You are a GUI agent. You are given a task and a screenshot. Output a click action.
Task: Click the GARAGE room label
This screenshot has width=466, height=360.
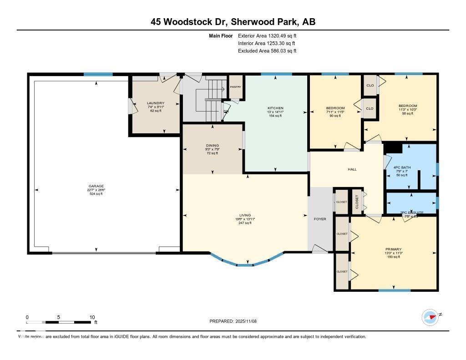point(96,186)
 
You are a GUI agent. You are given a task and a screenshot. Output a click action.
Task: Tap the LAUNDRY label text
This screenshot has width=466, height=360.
point(156,103)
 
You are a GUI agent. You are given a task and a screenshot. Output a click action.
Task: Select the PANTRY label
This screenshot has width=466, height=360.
point(235,86)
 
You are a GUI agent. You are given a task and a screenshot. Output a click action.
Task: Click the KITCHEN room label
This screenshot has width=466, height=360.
point(275,108)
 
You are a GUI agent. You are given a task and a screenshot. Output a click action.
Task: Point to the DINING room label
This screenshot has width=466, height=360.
point(212,146)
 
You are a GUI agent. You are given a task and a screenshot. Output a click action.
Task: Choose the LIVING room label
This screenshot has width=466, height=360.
point(245,215)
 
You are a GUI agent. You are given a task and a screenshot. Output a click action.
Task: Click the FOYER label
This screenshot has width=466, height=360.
point(320,219)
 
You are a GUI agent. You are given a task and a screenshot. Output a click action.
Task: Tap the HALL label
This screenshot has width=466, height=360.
point(352,169)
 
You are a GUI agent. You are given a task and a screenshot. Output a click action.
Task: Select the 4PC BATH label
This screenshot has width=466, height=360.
point(402,167)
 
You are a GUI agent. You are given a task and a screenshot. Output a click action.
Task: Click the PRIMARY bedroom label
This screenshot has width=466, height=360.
point(393,249)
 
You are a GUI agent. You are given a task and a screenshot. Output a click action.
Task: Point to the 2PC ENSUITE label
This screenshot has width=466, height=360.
point(411,213)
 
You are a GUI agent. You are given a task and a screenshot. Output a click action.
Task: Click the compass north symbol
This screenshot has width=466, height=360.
point(430,317)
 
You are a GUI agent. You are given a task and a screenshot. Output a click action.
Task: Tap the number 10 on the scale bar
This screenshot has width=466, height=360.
point(92,317)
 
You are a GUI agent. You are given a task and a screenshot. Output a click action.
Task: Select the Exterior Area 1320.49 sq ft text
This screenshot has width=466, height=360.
point(267,35)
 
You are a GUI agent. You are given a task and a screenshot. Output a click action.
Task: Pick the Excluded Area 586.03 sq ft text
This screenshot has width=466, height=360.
point(267,51)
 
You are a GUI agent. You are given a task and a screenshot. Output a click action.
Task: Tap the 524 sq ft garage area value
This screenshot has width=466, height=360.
point(96,194)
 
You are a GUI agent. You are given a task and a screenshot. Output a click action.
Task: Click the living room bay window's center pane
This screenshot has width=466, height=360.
point(245,264)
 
